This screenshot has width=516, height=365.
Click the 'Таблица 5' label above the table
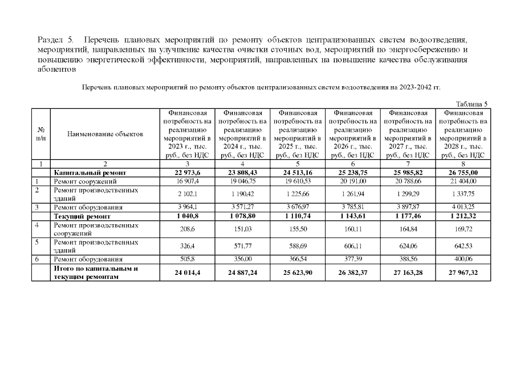tap(473, 104)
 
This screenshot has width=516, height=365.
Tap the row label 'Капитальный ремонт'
tap(86, 172)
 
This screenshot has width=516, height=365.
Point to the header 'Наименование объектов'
tap(105, 134)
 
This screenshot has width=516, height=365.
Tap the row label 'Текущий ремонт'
tap(82, 217)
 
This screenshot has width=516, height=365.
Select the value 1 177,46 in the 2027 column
tap(408, 217)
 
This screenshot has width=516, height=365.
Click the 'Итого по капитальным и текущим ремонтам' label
tap(94, 273)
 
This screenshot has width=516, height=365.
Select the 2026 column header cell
tap(352, 134)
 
